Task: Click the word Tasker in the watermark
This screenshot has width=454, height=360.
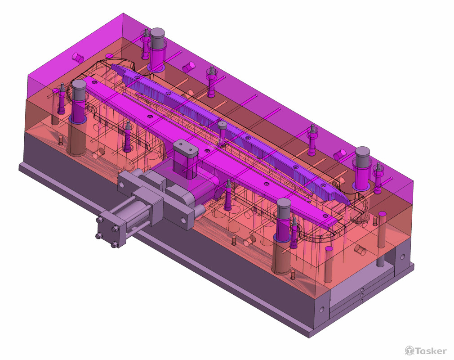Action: click(x=431, y=351)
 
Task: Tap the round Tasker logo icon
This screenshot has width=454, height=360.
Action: click(x=409, y=351)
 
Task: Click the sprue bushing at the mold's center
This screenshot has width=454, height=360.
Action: click(x=223, y=125)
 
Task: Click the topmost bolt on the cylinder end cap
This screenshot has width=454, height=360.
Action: click(x=100, y=220)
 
